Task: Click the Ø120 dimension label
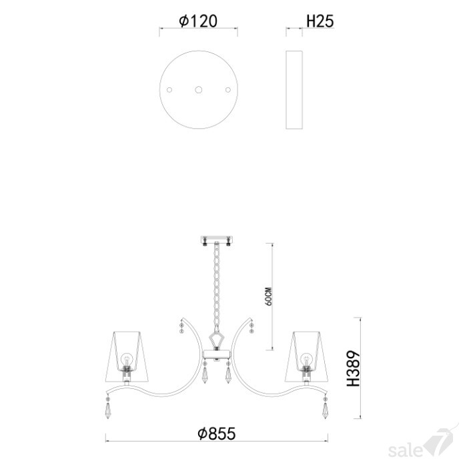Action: point(198,21)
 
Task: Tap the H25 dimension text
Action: point(320,21)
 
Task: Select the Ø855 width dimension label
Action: point(217,434)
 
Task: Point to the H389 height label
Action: point(354,368)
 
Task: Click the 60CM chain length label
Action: point(268,297)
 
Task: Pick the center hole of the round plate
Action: point(199,89)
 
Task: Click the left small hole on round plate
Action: point(169,89)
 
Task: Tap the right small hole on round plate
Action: point(228,89)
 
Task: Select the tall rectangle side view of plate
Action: point(294,89)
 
